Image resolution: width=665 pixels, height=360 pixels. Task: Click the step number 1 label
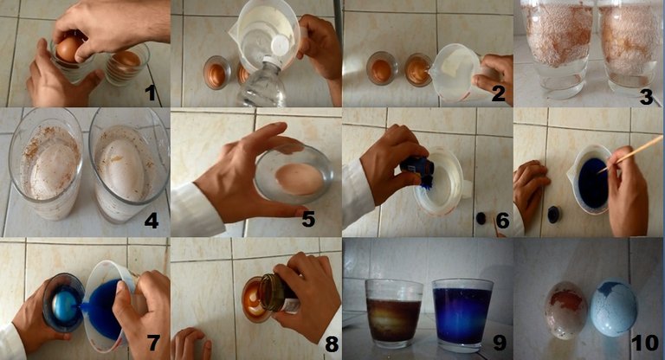[150, 92]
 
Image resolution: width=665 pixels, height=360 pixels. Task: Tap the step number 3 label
[646, 96]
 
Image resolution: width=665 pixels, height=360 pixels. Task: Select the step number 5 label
[308, 219]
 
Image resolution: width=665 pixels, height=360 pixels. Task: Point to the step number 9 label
[499, 342]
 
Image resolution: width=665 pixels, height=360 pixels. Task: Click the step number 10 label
[645, 343]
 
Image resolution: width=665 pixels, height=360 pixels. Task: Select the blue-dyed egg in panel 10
[614, 308]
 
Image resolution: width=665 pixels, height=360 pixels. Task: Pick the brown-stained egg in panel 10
[565, 310]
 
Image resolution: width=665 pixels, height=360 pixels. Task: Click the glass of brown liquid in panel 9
[394, 312]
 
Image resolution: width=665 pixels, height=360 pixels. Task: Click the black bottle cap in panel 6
[481, 218]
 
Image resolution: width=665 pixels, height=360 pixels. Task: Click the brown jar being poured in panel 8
[280, 293]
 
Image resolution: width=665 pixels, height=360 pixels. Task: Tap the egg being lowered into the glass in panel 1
[70, 49]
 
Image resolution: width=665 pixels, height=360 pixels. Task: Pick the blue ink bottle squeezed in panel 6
[418, 167]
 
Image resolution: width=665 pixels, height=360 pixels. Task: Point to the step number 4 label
[151, 220]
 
